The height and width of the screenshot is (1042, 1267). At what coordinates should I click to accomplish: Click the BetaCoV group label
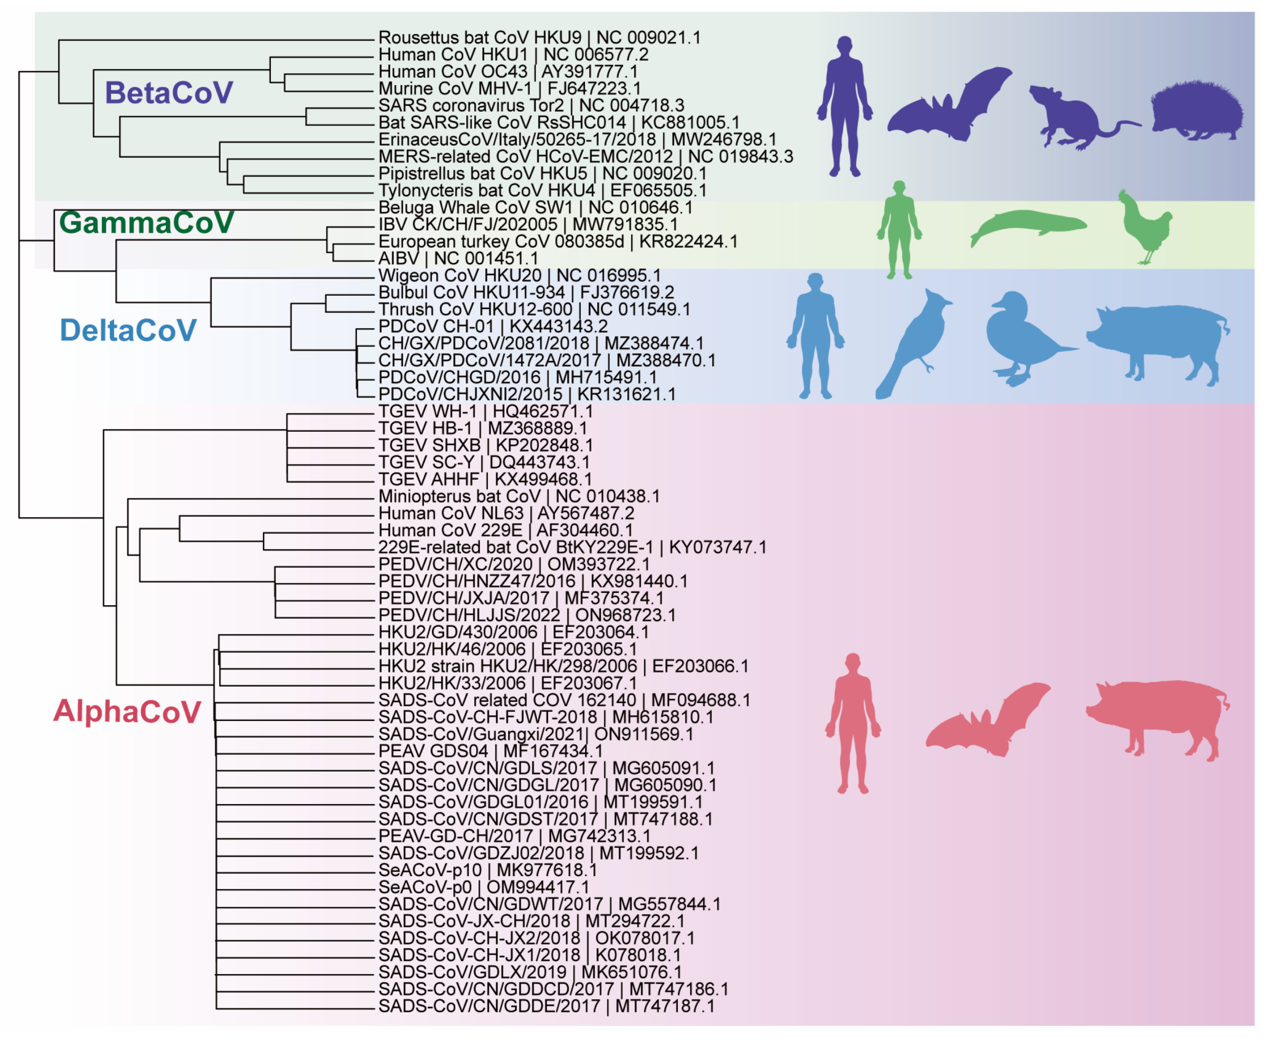pyautogui.click(x=169, y=93)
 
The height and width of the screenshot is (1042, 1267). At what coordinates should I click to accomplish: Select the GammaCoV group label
pyautogui.click(x=146, y=223)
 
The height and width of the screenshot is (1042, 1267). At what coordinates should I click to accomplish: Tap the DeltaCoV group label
pyautogui.click(x=129, y=330)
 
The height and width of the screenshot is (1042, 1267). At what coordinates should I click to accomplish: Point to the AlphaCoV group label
pyautogui.click(x=127, y=711)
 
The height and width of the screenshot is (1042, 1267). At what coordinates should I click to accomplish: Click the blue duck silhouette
pyautogui.click(x=1023, y=339)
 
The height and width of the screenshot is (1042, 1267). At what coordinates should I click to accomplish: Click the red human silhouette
pyautogui.click(x=853, y=723)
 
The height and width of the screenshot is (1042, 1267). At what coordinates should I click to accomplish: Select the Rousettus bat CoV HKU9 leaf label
pyautogui.click(x=539, y=38)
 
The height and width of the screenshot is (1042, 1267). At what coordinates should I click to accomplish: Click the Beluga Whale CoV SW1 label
pyautogui.click(x=535, y=208)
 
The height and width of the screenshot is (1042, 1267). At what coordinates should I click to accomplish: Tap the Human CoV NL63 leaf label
pyautogui.click(x=506, y=513)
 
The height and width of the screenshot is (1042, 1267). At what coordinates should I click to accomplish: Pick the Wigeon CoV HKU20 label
pyautogui.click(x=520, y=276)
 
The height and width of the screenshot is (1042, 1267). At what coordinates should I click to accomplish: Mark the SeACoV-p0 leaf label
pyautogui.click(x=484, y=887)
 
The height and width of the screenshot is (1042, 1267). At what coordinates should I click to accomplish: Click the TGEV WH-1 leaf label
pyautogui.click(x=485, y=412)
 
